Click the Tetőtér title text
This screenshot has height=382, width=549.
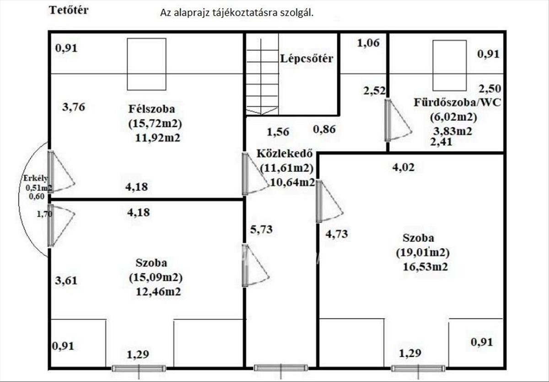69,10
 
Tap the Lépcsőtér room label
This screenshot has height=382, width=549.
307,59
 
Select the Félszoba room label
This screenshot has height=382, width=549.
152,109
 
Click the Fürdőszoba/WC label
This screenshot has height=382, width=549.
457,103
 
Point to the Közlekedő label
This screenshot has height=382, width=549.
285,153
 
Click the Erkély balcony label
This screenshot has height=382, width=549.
36,178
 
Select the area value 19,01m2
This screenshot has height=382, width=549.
423,253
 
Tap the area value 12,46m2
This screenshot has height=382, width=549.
158,292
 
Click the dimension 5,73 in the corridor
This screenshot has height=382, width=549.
261,229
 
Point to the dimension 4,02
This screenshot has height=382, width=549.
404,167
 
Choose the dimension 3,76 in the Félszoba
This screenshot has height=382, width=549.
74,107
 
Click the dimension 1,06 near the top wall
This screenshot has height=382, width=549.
368,43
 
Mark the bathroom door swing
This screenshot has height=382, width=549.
398,120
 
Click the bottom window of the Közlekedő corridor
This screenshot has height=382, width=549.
281,368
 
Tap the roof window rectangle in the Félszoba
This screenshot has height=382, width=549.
146,64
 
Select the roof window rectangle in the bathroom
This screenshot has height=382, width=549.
449,65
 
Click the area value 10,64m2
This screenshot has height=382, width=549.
292,182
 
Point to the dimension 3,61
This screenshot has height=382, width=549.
66,280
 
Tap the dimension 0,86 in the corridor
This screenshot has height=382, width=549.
324,129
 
